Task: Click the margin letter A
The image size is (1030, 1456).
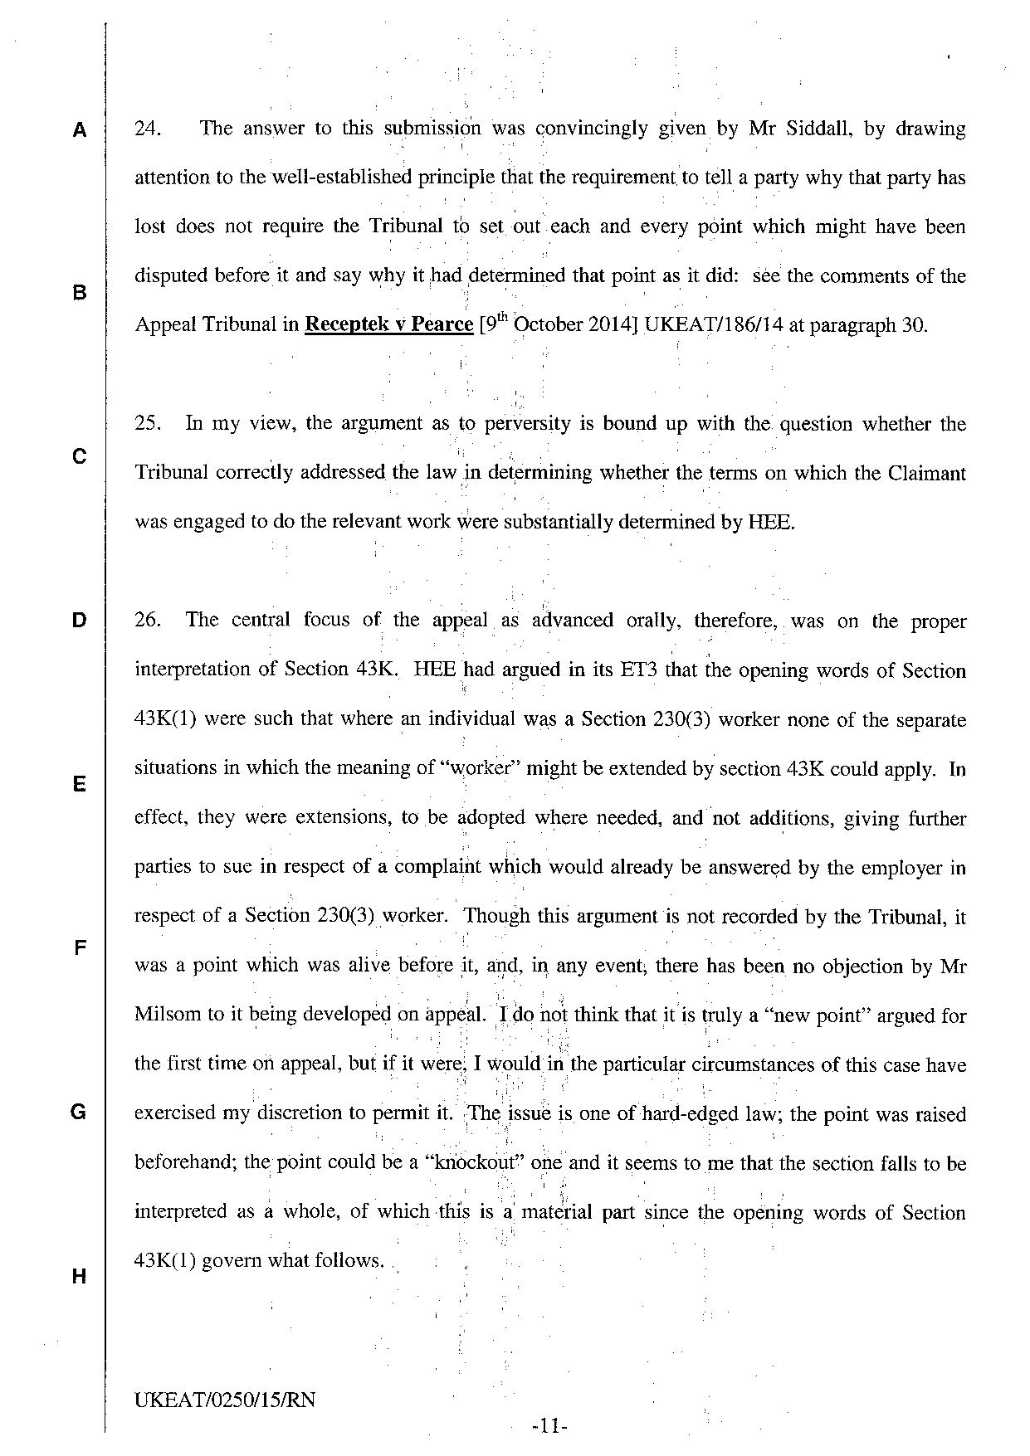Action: (x=79, y=129)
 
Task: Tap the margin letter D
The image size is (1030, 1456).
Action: (x=79, y=620)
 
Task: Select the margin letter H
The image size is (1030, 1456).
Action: (x=79, y=1276)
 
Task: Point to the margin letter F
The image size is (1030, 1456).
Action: (x=79, y=947)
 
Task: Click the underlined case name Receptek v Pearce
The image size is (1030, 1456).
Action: (x=388, y=324)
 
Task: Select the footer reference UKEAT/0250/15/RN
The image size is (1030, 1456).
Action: (x=224, y=1400)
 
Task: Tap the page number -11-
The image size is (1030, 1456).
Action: (x=549, y=1427)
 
